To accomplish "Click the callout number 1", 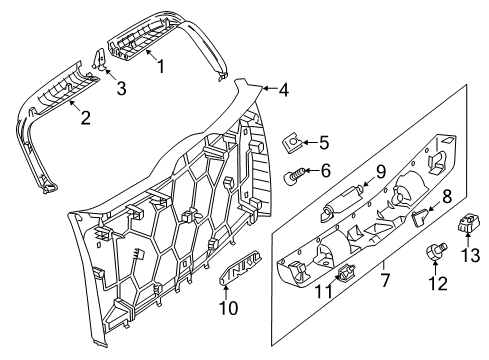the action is point(161,66).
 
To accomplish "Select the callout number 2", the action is point(86,118).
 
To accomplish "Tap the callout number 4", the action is point(283,89).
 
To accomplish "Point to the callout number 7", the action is point(385,279).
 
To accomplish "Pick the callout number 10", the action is point(229,308).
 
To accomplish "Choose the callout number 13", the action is point(470,256).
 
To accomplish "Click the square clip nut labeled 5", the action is point(292,142).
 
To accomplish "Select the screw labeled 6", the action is point(293,175).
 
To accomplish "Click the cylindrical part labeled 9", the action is point(341,203).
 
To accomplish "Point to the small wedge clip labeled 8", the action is point(421,217).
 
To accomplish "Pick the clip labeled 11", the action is point(345,272).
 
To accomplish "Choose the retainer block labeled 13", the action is point(468,223).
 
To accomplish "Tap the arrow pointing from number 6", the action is point(310,171).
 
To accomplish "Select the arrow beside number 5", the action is point(308,143).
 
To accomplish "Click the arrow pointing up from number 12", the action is point(435,268).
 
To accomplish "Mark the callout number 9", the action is point(381,172).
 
